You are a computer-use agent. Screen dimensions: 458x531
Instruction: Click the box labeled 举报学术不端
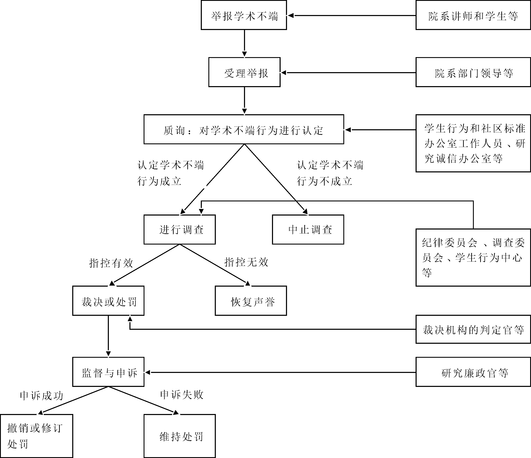click(x=244, y=15)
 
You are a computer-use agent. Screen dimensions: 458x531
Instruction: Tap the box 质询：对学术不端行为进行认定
click(x=243, y=130)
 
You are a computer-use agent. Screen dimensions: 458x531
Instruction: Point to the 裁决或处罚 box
click(x=108, y=301)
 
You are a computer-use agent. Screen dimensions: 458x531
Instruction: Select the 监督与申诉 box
click(x=108, y=372)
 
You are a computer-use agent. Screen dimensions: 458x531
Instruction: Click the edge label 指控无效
click(x=246, y=262)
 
